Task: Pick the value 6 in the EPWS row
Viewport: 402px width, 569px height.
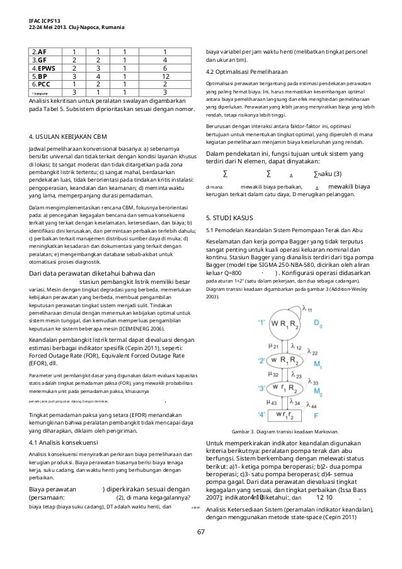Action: tap(164, 68)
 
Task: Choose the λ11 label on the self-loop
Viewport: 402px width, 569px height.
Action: tap(307, 309)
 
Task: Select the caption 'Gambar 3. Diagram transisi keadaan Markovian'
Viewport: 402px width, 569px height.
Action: tap(285, 413)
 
